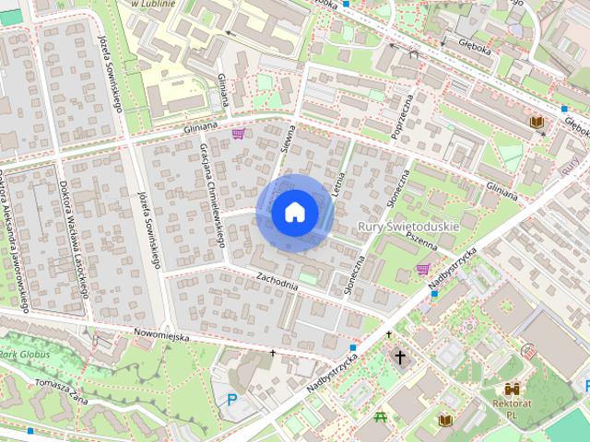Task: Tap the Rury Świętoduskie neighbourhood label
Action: click(x=407, y=225)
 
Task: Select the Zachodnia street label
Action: click(x=277, y=280)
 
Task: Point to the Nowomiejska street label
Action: click(x=161, y=336)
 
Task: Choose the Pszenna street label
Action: click(x=419, y=236)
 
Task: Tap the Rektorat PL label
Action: click(x=513, y=409)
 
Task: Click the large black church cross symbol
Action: click(x=400, y=357)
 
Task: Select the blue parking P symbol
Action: click(x=232, y=400)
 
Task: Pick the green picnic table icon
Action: click(x=381, y=419)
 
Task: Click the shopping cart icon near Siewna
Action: click(x=239, y=134)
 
